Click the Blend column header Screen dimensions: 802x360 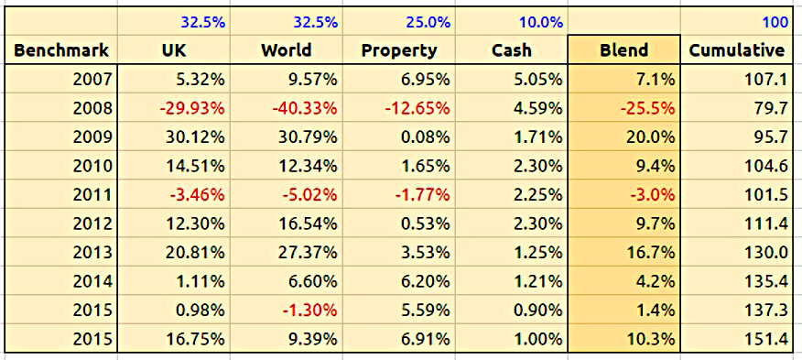click(x=624, y=50)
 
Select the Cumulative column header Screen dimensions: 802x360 click(x=736, y=50)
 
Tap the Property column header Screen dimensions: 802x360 click(x=399, y=51)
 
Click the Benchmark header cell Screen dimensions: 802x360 click(x=60, y=50)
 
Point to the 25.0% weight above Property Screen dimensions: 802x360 click(x=428, y=23)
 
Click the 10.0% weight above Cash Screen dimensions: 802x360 click(x=541, y=23)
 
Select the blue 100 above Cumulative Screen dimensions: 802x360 click(x=775, y=23)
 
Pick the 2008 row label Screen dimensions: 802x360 click(x=92, y=109)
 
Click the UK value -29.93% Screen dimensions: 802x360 click(x=190, y=109)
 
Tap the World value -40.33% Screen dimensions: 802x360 click(x=303, y=109)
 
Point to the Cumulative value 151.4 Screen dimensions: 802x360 click(x=767, y=339)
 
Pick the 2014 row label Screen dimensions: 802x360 click(x=92, y=281)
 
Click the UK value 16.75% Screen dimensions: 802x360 click(x=195, y=339)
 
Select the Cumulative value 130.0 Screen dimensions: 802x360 click(x=767, y=253)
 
